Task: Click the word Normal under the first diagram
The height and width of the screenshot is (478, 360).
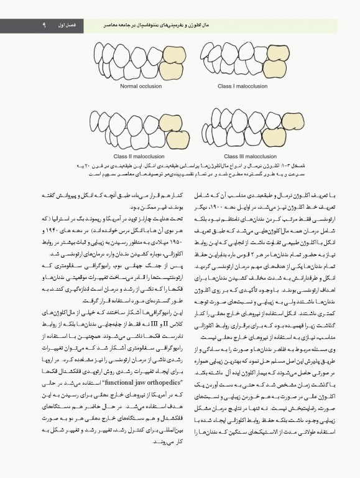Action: click(x=122, y=87)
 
